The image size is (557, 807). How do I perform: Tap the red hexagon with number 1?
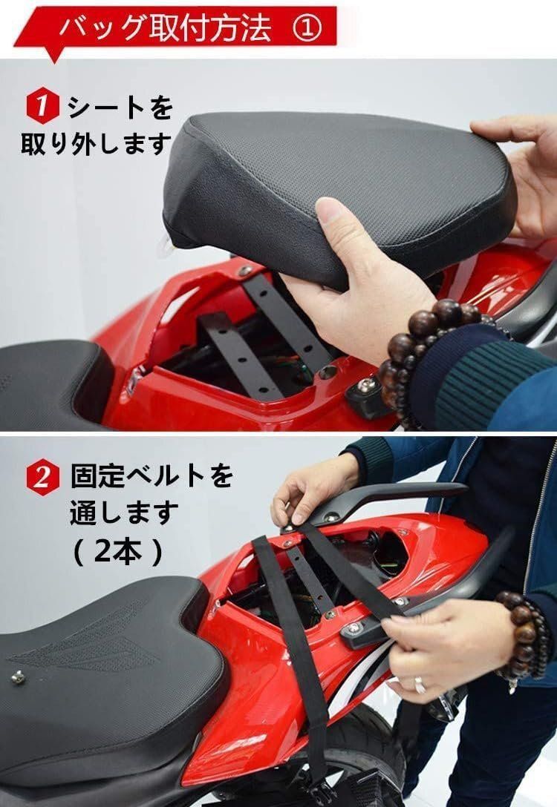43,106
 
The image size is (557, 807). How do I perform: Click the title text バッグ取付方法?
166,29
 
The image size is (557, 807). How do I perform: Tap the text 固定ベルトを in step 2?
152,475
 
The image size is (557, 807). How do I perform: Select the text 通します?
125,513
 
